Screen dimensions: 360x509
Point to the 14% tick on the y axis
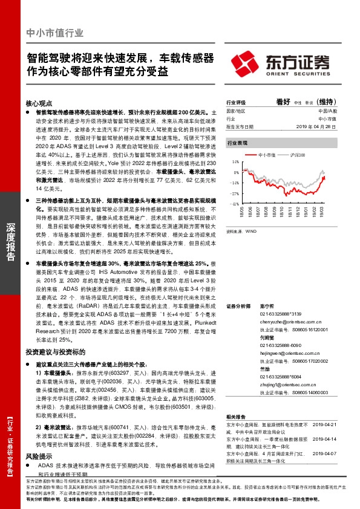point(234,163)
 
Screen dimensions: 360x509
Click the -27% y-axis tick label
point(234,193)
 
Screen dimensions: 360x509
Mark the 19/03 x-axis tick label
point(326,212)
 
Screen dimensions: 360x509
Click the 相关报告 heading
point(235,417)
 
